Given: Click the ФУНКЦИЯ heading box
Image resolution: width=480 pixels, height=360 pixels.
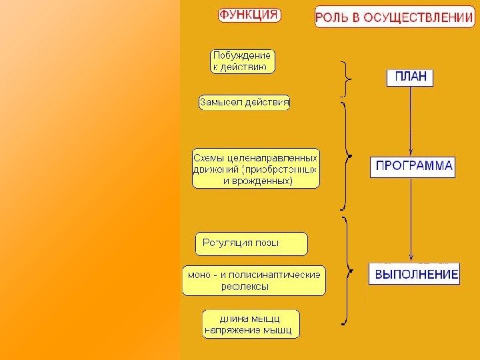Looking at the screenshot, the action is pos(249,15).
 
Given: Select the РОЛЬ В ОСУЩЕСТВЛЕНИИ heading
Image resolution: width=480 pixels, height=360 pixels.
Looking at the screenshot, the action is pos(395,17).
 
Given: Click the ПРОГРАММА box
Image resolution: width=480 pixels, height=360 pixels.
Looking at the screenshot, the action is pos(412,166).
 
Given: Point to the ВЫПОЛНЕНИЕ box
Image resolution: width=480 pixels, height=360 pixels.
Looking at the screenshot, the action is pos(414,274).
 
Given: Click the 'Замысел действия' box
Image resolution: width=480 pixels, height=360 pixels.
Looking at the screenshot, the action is pos(244,103).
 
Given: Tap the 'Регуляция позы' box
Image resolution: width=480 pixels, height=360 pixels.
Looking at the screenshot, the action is pos(251,243).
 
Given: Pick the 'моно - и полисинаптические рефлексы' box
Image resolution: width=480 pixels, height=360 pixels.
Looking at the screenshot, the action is pos(254,280).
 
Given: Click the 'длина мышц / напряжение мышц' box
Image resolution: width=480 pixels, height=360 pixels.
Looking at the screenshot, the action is pos(251,323).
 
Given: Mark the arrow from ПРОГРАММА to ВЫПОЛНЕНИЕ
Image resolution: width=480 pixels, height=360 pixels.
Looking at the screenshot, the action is pos(411,220).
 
